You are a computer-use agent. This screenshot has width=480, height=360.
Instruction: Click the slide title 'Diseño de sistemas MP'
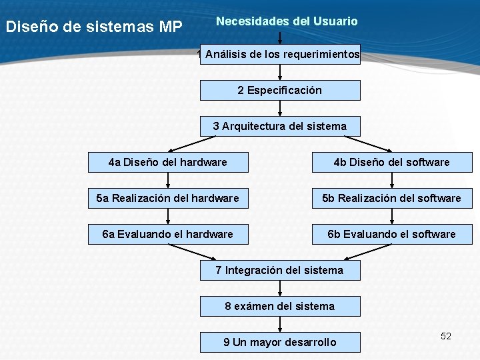click(93, 27)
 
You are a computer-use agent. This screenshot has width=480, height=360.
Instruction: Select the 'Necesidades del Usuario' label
click(287, 21)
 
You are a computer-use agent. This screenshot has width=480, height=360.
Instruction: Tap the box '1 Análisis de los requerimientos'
click(281, 54)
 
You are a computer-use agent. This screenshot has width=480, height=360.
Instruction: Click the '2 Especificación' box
click(280, 90)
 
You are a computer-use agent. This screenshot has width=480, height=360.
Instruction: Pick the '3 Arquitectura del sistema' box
click(280, 126)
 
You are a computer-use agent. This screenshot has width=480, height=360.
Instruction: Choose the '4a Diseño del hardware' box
click(168, 162)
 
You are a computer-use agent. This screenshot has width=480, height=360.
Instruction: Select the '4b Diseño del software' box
click(392, 162)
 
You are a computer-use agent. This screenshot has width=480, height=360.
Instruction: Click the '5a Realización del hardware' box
click(168, 198)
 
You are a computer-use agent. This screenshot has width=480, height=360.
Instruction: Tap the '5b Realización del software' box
click(392, 198)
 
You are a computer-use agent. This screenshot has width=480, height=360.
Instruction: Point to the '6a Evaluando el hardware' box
click(168, 234)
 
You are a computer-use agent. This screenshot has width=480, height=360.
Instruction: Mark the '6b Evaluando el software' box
click(392, 234)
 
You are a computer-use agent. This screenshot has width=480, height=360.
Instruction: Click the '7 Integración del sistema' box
click(280, 270)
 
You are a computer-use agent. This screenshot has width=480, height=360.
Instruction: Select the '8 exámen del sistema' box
click(280, 306)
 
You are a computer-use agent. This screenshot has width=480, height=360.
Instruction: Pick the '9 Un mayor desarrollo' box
click(280, 342)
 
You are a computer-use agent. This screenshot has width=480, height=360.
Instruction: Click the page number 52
click(446, 336)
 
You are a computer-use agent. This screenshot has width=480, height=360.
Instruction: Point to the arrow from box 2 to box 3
click(280, 108)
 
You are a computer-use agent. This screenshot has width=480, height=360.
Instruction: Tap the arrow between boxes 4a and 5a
click(168, 180)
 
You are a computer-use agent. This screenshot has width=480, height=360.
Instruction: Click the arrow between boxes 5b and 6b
click(392, 216)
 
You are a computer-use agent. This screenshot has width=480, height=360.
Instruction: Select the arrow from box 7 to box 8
click(280, 288)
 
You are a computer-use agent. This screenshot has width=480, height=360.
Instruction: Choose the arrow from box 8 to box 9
click(280, 324)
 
